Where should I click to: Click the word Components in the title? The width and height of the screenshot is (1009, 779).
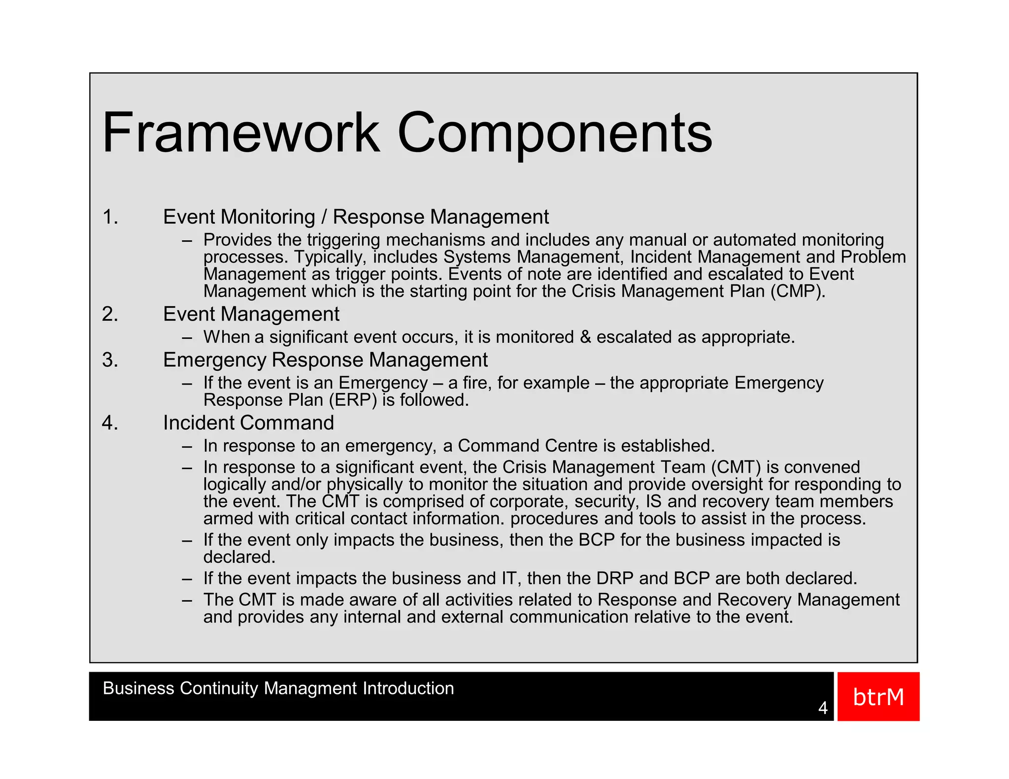pos(554,133)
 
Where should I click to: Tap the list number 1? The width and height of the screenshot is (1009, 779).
pos(110,217)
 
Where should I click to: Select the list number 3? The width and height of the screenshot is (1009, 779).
pos(110,360)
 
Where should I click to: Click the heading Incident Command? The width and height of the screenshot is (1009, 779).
pos(248,423)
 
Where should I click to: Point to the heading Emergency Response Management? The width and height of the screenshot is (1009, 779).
pos(325,360)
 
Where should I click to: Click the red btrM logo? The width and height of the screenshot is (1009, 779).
pos(878,697)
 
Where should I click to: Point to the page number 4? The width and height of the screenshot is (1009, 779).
pos(822,708)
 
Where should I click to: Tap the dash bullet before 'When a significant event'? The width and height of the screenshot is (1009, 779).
pos(186,338)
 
